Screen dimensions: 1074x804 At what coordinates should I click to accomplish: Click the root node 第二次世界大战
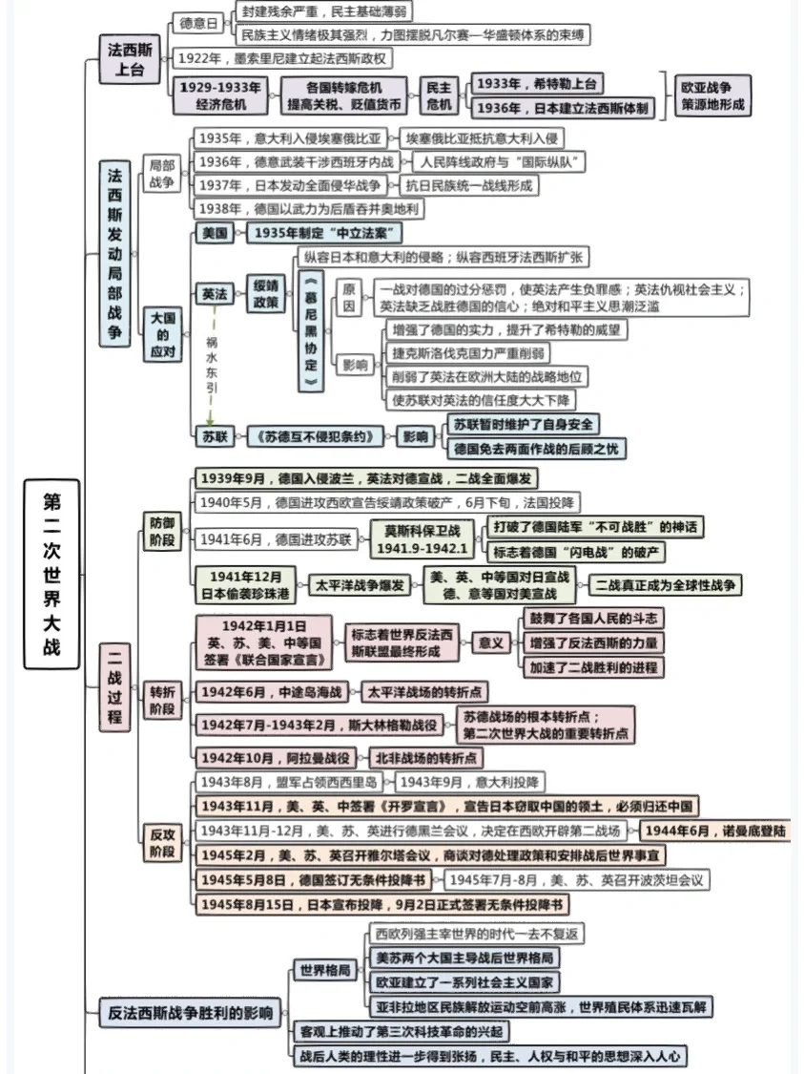pos(51,572)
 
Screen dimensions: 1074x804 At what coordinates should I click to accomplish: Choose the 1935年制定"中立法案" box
pos(325,233)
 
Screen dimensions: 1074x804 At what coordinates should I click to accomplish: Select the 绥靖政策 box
pos(265,294)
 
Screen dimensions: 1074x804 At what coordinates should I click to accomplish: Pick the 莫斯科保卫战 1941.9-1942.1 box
pos(422,539)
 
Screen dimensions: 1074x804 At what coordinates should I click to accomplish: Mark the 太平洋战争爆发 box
pos(361,584)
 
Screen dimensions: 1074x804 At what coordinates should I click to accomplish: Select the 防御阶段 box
pos(162,532)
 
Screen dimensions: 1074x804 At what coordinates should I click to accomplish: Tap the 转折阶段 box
pos(162,700)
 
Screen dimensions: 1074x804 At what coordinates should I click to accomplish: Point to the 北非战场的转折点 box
pos(425,758)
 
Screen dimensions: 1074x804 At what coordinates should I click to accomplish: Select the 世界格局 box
pos(324,971)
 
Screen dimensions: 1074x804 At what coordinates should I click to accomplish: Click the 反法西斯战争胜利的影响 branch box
pos(189,1013)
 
